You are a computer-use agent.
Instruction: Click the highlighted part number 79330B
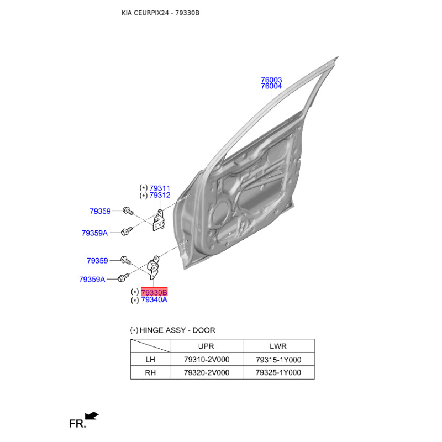[154, 292]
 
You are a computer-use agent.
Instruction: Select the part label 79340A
[154, 300]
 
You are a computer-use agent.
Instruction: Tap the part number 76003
[271, 80]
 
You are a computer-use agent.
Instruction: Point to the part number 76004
[271, 87]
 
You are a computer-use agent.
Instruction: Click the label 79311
[160, 188]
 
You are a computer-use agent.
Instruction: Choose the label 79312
[160, 196]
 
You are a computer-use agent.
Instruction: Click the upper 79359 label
[100, 211]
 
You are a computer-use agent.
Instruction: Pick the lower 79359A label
[92, 280]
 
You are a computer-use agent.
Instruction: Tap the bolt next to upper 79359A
[127, 231]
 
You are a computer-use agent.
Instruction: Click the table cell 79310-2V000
[207, 360]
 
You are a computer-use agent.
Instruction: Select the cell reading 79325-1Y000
[278, 373]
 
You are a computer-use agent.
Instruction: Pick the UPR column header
[207, 346]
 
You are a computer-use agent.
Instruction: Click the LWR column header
[278, 346]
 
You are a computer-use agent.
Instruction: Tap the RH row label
[150, 373]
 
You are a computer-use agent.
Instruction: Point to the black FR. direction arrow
[92, 415]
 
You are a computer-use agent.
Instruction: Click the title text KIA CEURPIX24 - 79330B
[160, 13]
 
